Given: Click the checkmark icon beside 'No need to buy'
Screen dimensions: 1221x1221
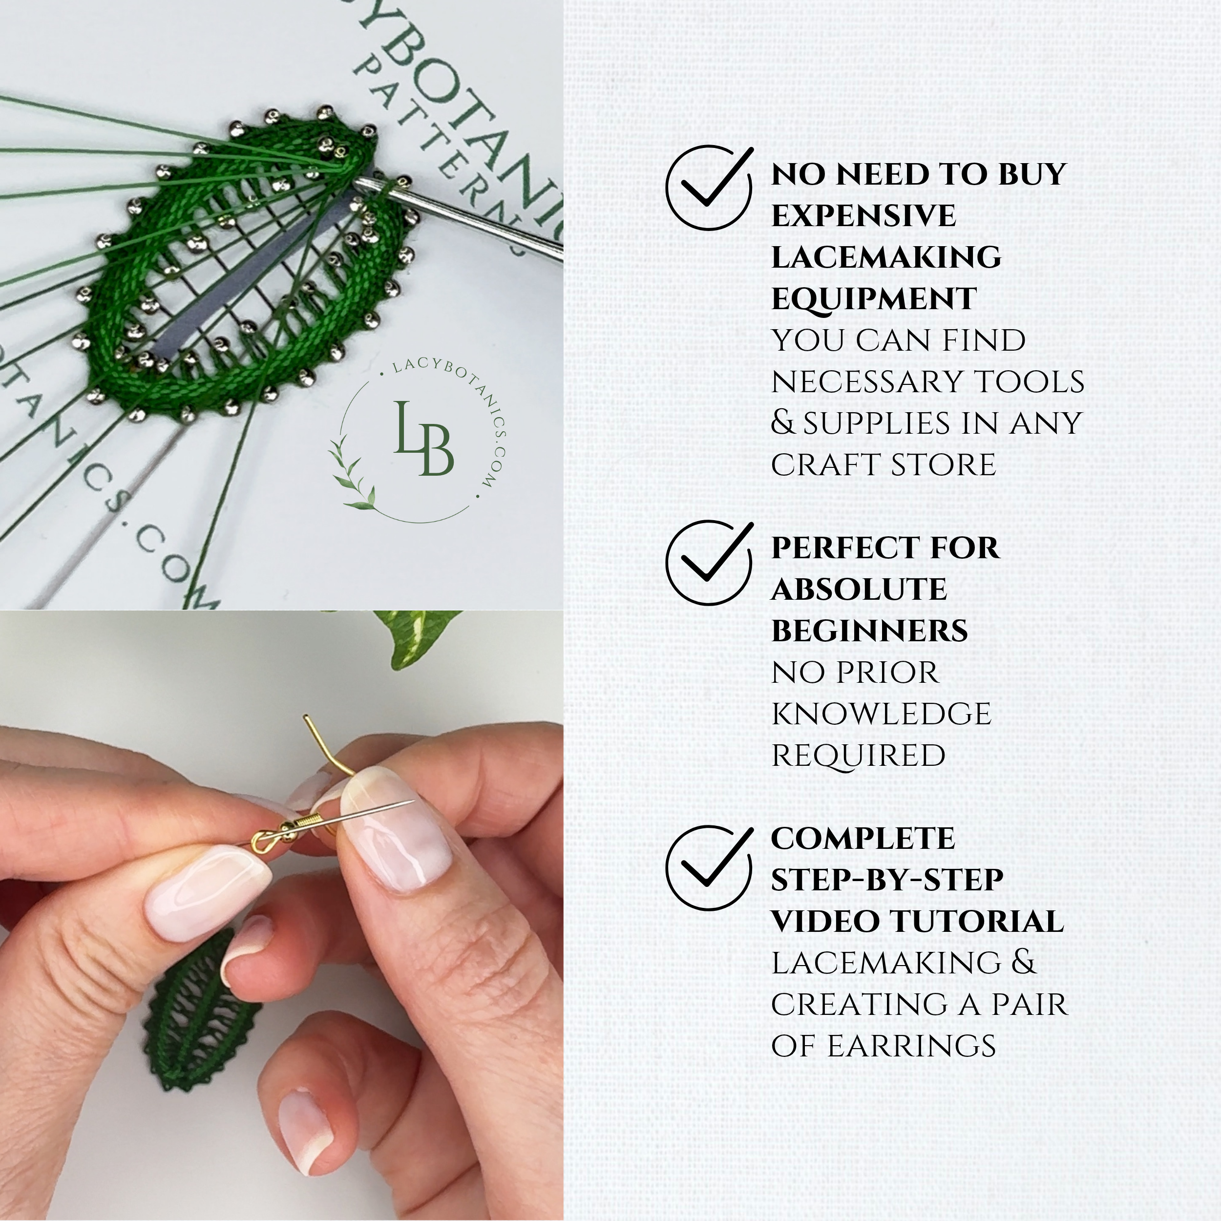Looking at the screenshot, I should pos(709,187).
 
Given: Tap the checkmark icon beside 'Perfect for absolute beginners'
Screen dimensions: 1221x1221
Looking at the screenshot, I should pos(709,561).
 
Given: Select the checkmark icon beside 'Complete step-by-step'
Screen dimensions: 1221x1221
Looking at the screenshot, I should pos(709,866).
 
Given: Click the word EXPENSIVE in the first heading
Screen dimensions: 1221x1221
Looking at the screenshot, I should pos(863,215).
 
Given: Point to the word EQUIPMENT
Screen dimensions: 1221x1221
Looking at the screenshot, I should pos(873,299).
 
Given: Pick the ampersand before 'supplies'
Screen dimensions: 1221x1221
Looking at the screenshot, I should pos(782,423).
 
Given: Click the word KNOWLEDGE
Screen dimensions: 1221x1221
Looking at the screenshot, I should pos(881,714).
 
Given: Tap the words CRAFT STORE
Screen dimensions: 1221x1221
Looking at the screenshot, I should pos(883,465).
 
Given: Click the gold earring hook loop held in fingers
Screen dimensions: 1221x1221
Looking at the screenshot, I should pos(262,842).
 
